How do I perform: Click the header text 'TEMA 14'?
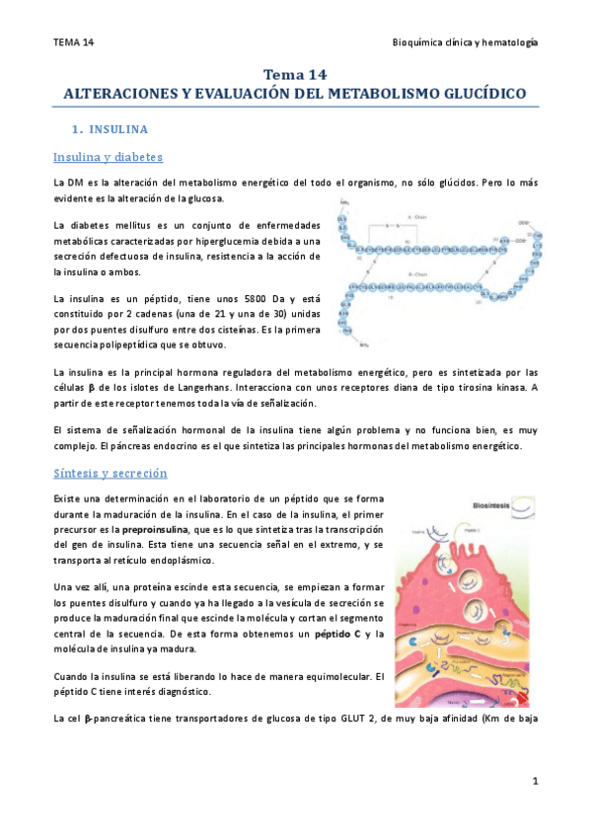(x=74, y=42)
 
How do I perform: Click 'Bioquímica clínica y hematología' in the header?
(x=465, y=42)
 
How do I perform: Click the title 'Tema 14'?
(x=295, y=74)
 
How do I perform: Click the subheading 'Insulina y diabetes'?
(x=108, y=158)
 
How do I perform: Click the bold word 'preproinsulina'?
(x=162, y=529)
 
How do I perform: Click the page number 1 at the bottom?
(x=534, y=782)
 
